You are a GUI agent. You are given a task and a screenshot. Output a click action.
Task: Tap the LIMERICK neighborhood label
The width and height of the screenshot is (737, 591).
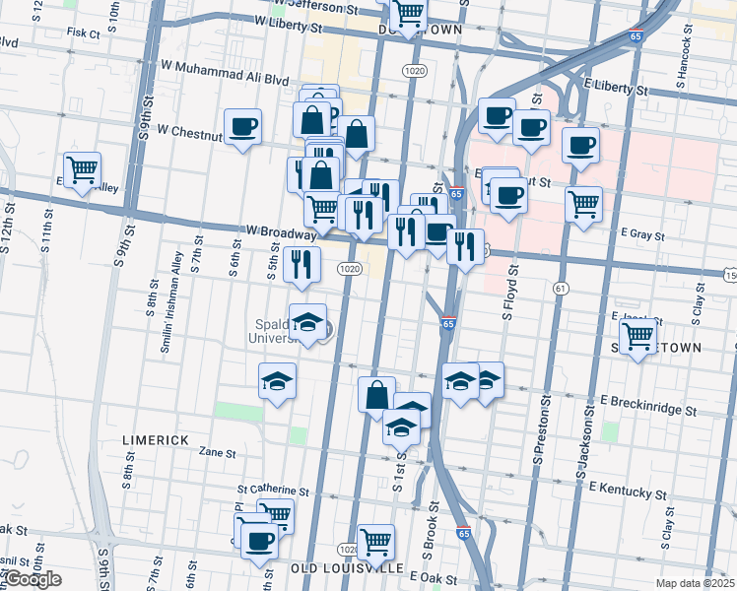(155, 439)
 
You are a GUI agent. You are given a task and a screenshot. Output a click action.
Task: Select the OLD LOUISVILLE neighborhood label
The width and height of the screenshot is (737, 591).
(347, 568)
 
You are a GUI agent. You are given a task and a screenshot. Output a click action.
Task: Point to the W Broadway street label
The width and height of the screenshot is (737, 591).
(280, 232)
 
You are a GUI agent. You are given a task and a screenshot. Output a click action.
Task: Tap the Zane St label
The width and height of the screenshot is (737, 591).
(218, 453)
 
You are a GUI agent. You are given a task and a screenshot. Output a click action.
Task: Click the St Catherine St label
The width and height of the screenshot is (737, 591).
(273, 490)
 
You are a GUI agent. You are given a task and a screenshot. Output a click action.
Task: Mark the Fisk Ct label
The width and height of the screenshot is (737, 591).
(84, 33)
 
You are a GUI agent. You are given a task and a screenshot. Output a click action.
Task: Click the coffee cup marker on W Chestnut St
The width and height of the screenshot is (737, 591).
(242, 126)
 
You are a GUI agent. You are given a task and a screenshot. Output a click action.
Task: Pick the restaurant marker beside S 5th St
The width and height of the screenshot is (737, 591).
(301, 263)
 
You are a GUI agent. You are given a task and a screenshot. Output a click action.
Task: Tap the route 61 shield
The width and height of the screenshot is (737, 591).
(561, 288)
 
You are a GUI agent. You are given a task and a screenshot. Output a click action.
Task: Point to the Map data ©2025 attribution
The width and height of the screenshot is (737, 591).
(694, 583)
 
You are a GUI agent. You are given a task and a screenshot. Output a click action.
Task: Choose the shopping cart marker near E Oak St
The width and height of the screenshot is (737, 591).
(375, 541)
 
